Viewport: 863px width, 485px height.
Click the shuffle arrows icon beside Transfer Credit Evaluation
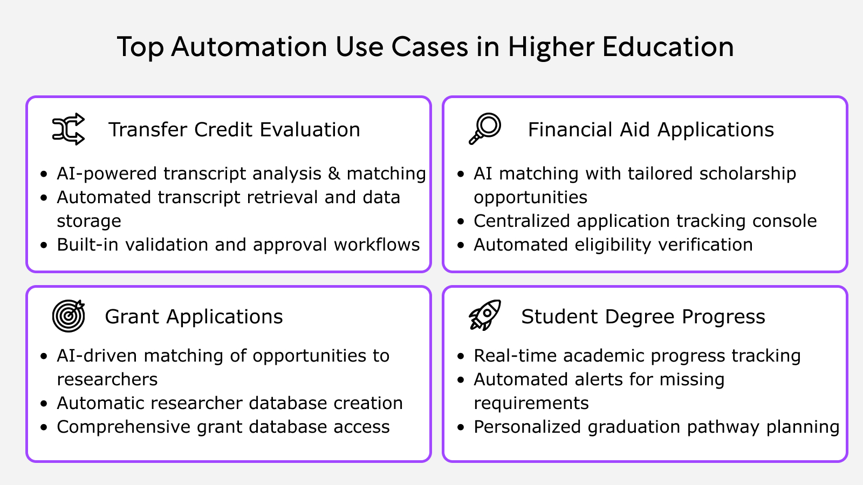pyautogui.click(x=69, y=129)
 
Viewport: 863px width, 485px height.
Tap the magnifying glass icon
pyautogui.click(x=485, y=129)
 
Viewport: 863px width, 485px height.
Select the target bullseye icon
pyautogui.click(x=69, y=316)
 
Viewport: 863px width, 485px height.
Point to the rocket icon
pyautogui.click(x=485, y=315)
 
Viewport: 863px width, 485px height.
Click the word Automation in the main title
pyautogui.click(x=249, y=47)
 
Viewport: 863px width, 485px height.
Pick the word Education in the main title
pyautogui.click(x=668, y=47)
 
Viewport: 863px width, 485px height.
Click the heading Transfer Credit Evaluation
pyautogui.click(x=234, y=130)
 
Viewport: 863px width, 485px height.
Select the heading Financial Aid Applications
pyautogui.click(x=650, y=130)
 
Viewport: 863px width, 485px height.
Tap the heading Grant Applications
pyautogui.click(x=194, y=317)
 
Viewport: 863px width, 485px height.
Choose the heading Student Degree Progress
pyautogui.click(x=643, y=317)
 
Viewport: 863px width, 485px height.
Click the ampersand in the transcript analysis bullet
pyautogui.click(x=334, y=174)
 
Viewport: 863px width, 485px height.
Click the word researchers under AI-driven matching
pyautogui.click(x=107, y=379)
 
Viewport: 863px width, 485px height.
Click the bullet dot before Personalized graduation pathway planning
pyautogui.click(x=461, y=427)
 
